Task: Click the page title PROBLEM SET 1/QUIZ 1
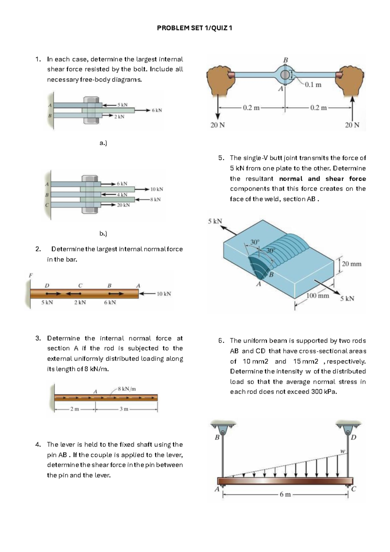[x=194, y=28]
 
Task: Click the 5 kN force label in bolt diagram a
[x=123, y=105]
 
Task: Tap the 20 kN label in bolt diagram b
[x=123, y=205]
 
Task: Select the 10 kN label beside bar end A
[x=164, y=294]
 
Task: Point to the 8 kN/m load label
[x=127, y=389]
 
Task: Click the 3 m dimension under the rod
[x=124, y=409]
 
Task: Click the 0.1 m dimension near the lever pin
[x=313, y=85]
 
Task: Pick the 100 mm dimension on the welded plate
[x=318, y=296]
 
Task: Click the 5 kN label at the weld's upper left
[x=215, y=221]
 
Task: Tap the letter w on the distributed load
[x=342, y=451]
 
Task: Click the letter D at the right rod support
[x=354, y=437]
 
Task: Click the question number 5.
[x=221, y=158]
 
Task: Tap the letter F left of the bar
[x=31, y=275]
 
